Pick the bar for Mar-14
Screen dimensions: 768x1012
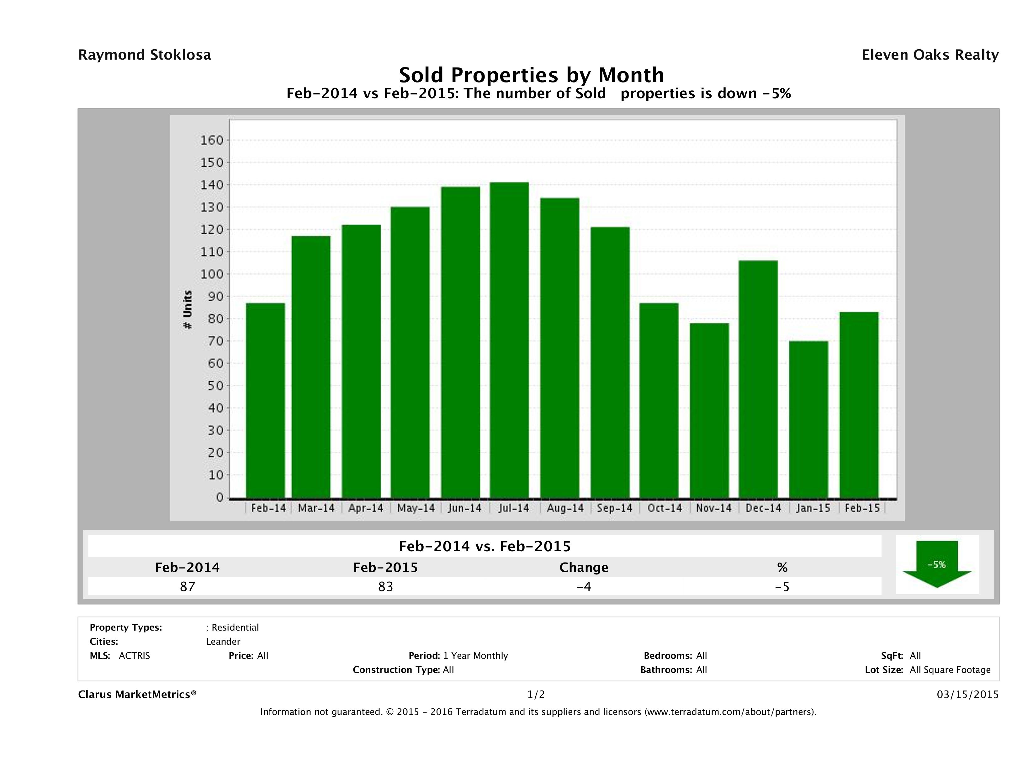pyautogui.click(x=311, y=367)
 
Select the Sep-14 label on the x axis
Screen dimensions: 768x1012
pyautogui.click(x=614, y=508)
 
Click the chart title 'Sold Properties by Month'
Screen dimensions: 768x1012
pyautogui.click(x=531, y=75)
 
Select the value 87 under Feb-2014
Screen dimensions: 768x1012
pyautogui.click(x=188, y=586)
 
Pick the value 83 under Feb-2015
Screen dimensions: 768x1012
pyautogui.click(x=386, y=586)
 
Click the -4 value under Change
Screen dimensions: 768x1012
pyautogui.click(x=584, y=586)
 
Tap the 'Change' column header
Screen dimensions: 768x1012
pyautogui.click(x=584, y=568)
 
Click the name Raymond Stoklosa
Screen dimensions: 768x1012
pyautogui.click(x=145, y=55)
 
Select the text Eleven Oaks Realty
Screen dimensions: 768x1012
pyautogui.click(x=930, y=55)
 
